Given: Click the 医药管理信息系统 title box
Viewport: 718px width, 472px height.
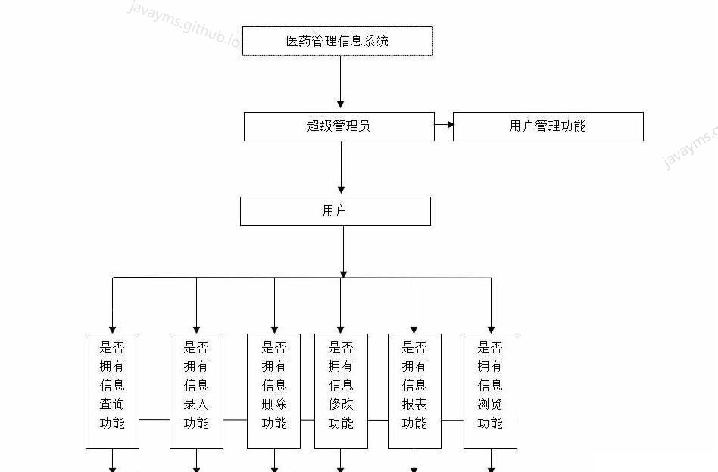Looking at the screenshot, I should (337, 41).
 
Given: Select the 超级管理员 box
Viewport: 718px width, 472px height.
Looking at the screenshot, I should (339, 126).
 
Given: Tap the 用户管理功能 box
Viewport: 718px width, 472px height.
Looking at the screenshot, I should (548, 126).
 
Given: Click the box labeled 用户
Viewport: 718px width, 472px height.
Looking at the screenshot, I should (335, 211).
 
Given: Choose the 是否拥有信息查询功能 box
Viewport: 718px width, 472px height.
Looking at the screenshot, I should (112, 390).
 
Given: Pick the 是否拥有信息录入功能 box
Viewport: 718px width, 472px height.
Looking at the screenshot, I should (196, 390).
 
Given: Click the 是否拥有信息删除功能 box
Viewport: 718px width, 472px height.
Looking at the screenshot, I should (274, 390).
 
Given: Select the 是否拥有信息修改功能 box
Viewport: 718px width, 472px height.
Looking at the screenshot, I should (341, 390).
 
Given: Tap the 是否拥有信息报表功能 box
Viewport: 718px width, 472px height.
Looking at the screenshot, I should (414, 390).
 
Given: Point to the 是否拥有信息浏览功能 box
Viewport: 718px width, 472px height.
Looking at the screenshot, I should (490, 390).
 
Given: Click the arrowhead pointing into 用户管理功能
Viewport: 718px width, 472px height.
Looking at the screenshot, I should (448, 125).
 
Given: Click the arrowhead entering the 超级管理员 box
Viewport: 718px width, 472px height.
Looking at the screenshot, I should (341, 104).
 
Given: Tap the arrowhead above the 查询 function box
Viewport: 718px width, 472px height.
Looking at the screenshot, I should (113, 328).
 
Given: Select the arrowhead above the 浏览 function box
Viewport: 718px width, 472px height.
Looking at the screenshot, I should (491, 328).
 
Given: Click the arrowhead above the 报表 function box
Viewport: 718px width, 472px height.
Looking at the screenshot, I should (414, 328).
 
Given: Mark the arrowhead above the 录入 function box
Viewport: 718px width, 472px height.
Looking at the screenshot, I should (197, 328).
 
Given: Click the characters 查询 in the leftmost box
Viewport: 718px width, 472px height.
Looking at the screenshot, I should (112, 404).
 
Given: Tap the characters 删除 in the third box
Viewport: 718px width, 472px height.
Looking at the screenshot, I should (274, 404).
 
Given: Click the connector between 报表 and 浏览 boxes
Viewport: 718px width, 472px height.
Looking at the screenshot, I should (452, 419).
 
